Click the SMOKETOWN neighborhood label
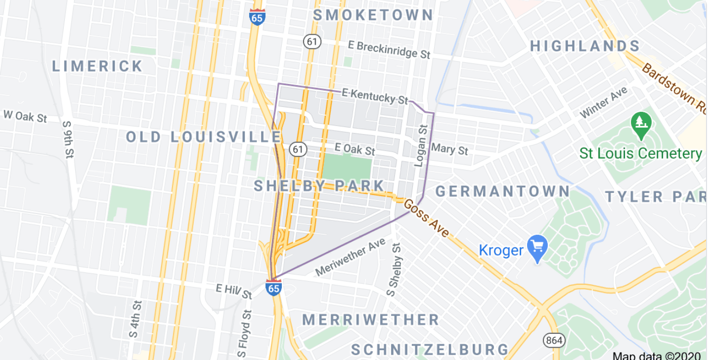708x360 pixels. [373, 15]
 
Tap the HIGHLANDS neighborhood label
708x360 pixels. [585, 46]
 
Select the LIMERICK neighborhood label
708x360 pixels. [97, 66]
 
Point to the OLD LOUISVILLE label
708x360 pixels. [203, 137]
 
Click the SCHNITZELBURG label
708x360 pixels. [430, 350]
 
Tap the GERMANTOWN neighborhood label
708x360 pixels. [503, 191]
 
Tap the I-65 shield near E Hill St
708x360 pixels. [273, 287]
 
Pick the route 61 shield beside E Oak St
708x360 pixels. [298, 148]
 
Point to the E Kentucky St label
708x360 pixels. [375, 95]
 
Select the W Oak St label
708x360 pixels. [25, 116]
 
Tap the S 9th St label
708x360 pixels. [68, 140]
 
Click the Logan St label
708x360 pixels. [421, 145]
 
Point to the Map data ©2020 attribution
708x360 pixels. [656, 355]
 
